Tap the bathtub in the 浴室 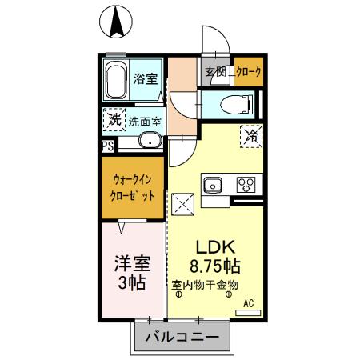point(117,81)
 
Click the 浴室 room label point(146,79)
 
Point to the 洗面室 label point(145,122)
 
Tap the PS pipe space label point(107,146)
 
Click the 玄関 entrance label point(215,73)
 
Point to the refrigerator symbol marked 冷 point(248,135)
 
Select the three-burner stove point(246,186)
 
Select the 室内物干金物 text point(206,284)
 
